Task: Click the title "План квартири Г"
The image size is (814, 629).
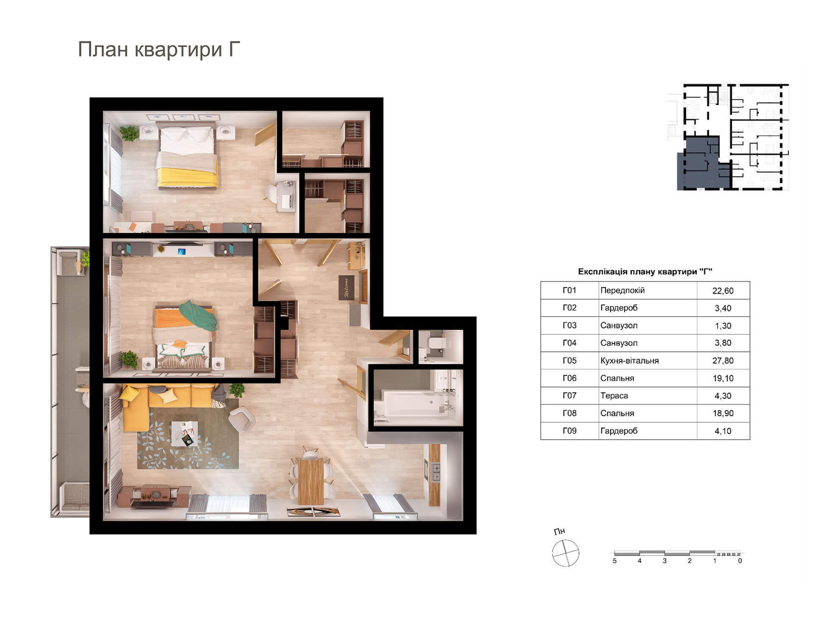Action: [159, 50]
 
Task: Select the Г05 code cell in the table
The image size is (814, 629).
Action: [569, 360]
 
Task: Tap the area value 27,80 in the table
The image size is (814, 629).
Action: [723, 361]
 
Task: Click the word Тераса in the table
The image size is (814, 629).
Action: [614, 395]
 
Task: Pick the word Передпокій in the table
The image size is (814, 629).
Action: [622, 290]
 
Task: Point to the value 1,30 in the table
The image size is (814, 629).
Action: [723, 326]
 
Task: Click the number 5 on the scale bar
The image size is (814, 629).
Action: [614, 561]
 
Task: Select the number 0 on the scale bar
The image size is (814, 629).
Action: [740, 561]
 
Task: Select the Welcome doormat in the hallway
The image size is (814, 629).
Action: [346, 288]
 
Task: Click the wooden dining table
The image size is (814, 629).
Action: [311, 481]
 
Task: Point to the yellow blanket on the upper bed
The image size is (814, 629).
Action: [188, 177]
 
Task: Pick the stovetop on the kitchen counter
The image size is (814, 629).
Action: [435, 472]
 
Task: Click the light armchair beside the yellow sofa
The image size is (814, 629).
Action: [242, 420]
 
